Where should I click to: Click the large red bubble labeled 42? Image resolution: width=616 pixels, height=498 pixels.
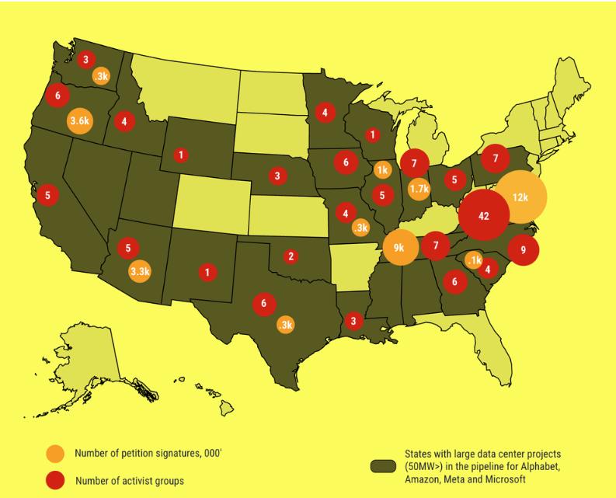pyautogui.click(x=484, y=216)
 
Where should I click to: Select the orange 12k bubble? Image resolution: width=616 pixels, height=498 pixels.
pyautogui.click(x=520, y=197)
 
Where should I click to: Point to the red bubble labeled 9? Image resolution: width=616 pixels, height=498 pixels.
pyautogui.click(x=523, y=250)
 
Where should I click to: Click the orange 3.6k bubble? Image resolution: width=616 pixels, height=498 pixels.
pyautogui.click(x=81, y=122)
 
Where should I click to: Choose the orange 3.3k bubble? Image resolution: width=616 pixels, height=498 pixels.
pyautogui.click(x=140, y=271)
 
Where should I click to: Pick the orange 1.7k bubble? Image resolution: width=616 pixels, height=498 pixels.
pyautogui.click(x=419, y=188)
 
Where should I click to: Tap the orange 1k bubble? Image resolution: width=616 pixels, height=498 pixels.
pyautogui.click(x=382, y=169)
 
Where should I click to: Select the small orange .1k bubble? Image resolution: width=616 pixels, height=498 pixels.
pyautogui.click(x=474, y=259)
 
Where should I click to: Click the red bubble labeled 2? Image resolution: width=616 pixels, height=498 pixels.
pyautogui.click(x=291, y=256)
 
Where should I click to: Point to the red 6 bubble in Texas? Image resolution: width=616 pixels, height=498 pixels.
pyautogui.click(x=264, y=304)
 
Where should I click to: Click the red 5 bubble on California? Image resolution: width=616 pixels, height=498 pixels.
pyautogui.click(x=48, y=195)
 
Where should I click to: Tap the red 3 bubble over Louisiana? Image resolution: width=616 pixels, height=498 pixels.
pyautogui.click(x=353, y=320)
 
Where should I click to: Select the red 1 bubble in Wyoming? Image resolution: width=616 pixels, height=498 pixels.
pyautogui.click(x=181, y=155)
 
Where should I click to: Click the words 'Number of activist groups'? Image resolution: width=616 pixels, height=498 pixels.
pyautogui.click(x=129, y=481)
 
